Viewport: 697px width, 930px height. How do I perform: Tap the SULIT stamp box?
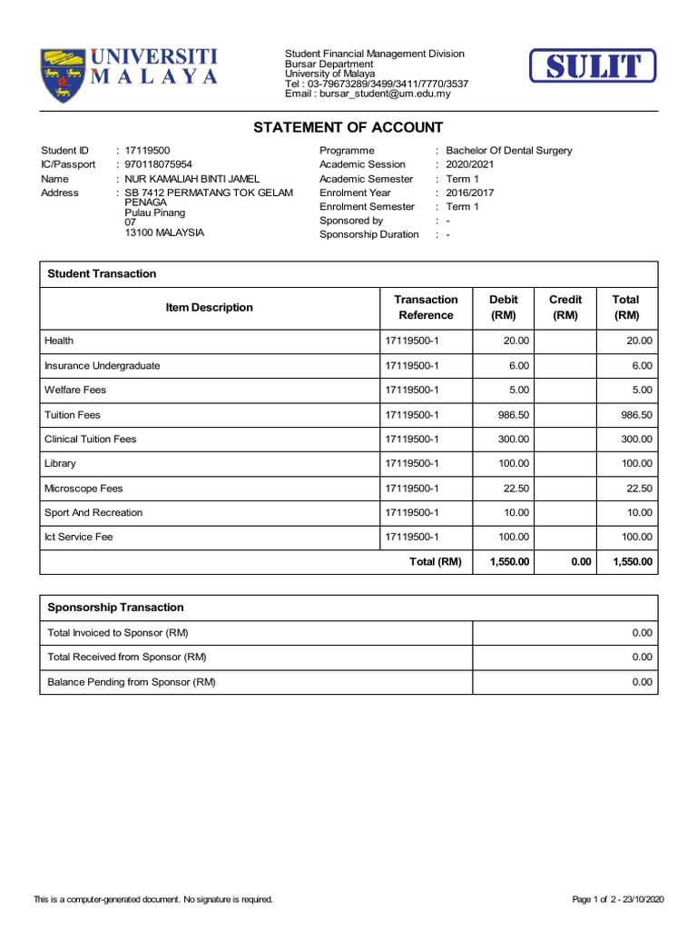(593, 67)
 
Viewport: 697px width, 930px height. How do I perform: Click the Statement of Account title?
(348, 128)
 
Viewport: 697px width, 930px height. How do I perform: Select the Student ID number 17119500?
(147, 151)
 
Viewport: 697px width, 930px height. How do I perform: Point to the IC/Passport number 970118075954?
(158, 164)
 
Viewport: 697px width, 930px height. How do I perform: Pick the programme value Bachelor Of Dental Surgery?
(508, 151)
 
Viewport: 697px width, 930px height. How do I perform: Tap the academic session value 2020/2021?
(470, 164)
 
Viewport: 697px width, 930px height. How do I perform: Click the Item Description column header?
(209, 308)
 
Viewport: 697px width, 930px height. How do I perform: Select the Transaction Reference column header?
(426, 308)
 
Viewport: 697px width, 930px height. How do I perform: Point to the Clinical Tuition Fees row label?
(91, 440)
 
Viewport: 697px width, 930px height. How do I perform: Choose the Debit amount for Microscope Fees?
(515, 489)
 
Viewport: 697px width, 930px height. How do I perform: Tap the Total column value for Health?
(639, 341)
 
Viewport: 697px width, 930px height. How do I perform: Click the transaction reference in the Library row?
(411, 464)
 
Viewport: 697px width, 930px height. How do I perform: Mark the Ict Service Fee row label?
(79, 538)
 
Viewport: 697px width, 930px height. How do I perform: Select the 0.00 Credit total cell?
(581, 562)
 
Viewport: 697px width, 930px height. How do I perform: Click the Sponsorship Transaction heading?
(115, 608)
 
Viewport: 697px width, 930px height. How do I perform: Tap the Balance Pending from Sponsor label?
(132, 682)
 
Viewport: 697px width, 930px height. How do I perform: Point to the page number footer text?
(618, 900)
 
